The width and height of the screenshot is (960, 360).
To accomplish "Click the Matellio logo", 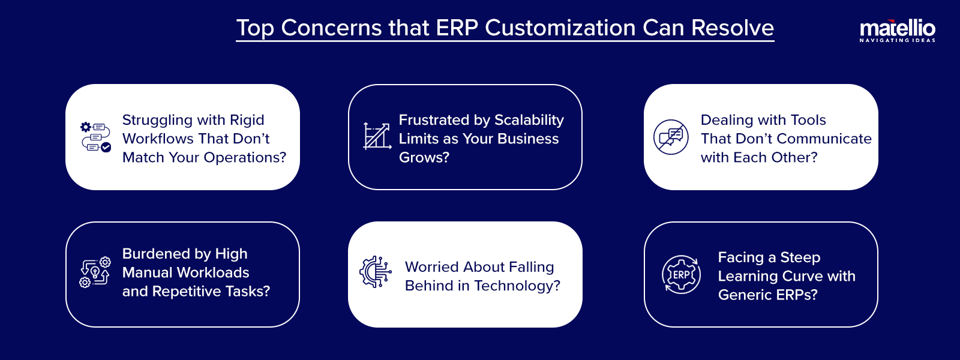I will tap(897, 28).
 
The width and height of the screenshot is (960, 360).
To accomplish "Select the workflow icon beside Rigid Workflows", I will tap(95, 137).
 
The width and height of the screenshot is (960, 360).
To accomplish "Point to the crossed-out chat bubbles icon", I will tap(671, 137).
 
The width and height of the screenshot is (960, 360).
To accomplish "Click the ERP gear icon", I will tap(681, 274).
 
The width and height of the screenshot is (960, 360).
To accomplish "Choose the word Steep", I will tap(800, 257).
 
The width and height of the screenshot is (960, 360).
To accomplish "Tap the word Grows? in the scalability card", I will tap(424, 158).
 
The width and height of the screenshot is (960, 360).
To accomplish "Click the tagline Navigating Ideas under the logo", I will tap(897, 41).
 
